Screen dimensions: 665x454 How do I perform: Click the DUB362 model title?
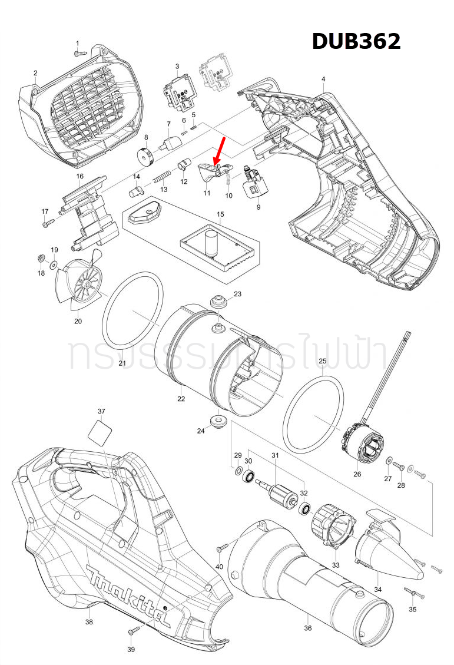[356, 41]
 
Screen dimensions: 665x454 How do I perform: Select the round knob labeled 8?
[145, 157]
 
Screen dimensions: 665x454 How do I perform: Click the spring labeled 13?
[162, 176]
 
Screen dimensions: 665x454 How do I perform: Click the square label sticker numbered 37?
[100, 434]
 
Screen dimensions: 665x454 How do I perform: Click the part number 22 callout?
[181, 399]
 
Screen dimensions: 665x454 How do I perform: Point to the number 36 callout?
[308, 628]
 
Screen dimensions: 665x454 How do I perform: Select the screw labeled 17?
[48, 223]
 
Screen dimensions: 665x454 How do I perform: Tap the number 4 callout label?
[323, 79]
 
